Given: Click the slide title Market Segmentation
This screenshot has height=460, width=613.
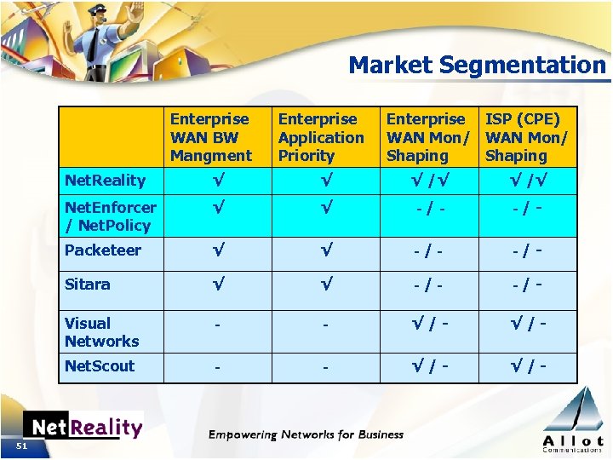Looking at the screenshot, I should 477,65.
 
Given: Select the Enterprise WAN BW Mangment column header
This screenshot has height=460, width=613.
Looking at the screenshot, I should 210,137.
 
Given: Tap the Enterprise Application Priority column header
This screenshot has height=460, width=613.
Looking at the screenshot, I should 320,137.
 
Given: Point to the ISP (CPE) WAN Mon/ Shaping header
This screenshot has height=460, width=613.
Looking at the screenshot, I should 525,137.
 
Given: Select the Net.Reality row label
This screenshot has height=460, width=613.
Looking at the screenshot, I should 105,181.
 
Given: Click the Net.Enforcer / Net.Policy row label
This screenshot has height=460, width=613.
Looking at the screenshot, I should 110,216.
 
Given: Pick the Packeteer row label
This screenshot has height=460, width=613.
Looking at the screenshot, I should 102,250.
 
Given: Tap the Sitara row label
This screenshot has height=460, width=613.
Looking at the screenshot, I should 87,285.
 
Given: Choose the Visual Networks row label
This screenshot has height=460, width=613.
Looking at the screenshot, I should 101,332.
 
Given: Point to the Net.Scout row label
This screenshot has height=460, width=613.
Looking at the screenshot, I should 100,366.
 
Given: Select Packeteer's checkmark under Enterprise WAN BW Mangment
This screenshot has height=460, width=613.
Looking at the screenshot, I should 218,250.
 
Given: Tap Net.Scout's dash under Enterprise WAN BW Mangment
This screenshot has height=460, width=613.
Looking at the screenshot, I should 218,368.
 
